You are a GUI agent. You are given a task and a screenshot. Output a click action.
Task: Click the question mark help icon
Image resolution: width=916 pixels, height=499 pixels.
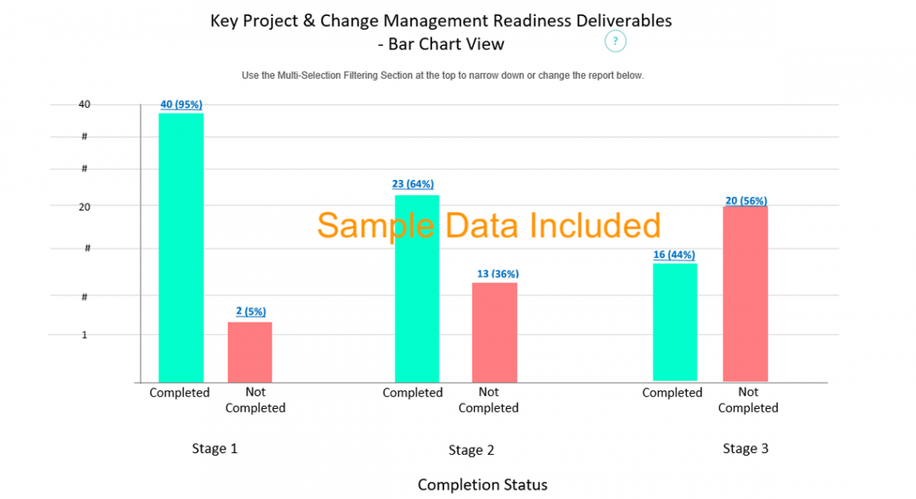(615, 41)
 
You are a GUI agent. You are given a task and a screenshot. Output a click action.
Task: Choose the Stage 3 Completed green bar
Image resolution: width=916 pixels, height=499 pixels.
(675, 321)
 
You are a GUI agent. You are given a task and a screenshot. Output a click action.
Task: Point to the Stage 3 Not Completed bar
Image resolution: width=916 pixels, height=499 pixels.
(745, 293)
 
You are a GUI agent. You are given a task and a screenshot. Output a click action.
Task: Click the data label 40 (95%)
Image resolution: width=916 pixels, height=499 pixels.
(181, 104)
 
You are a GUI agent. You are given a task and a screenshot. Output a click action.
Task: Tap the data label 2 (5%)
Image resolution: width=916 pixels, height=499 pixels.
(251, 312)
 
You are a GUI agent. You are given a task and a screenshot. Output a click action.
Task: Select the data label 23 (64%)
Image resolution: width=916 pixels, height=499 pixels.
(413, 184)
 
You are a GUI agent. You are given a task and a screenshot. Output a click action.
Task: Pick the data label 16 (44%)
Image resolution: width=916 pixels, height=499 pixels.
(674, 255)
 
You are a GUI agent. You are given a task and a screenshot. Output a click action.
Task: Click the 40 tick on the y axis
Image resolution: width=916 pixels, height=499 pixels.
(84, 104)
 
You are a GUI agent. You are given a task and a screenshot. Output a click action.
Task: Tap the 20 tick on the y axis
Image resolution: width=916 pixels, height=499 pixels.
(84, 207)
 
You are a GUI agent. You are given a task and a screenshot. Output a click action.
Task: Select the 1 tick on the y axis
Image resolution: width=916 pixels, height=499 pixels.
(84, 334)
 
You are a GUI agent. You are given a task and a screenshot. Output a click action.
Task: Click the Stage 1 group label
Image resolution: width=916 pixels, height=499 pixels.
(215, 448)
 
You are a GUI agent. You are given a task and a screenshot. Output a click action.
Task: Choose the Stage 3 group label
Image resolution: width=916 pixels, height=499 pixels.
(745, 448)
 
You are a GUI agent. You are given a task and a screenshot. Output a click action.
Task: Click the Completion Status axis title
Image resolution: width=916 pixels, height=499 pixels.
(482, 485)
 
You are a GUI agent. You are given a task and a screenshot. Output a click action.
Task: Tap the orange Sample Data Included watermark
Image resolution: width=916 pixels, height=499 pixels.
(489, 226)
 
